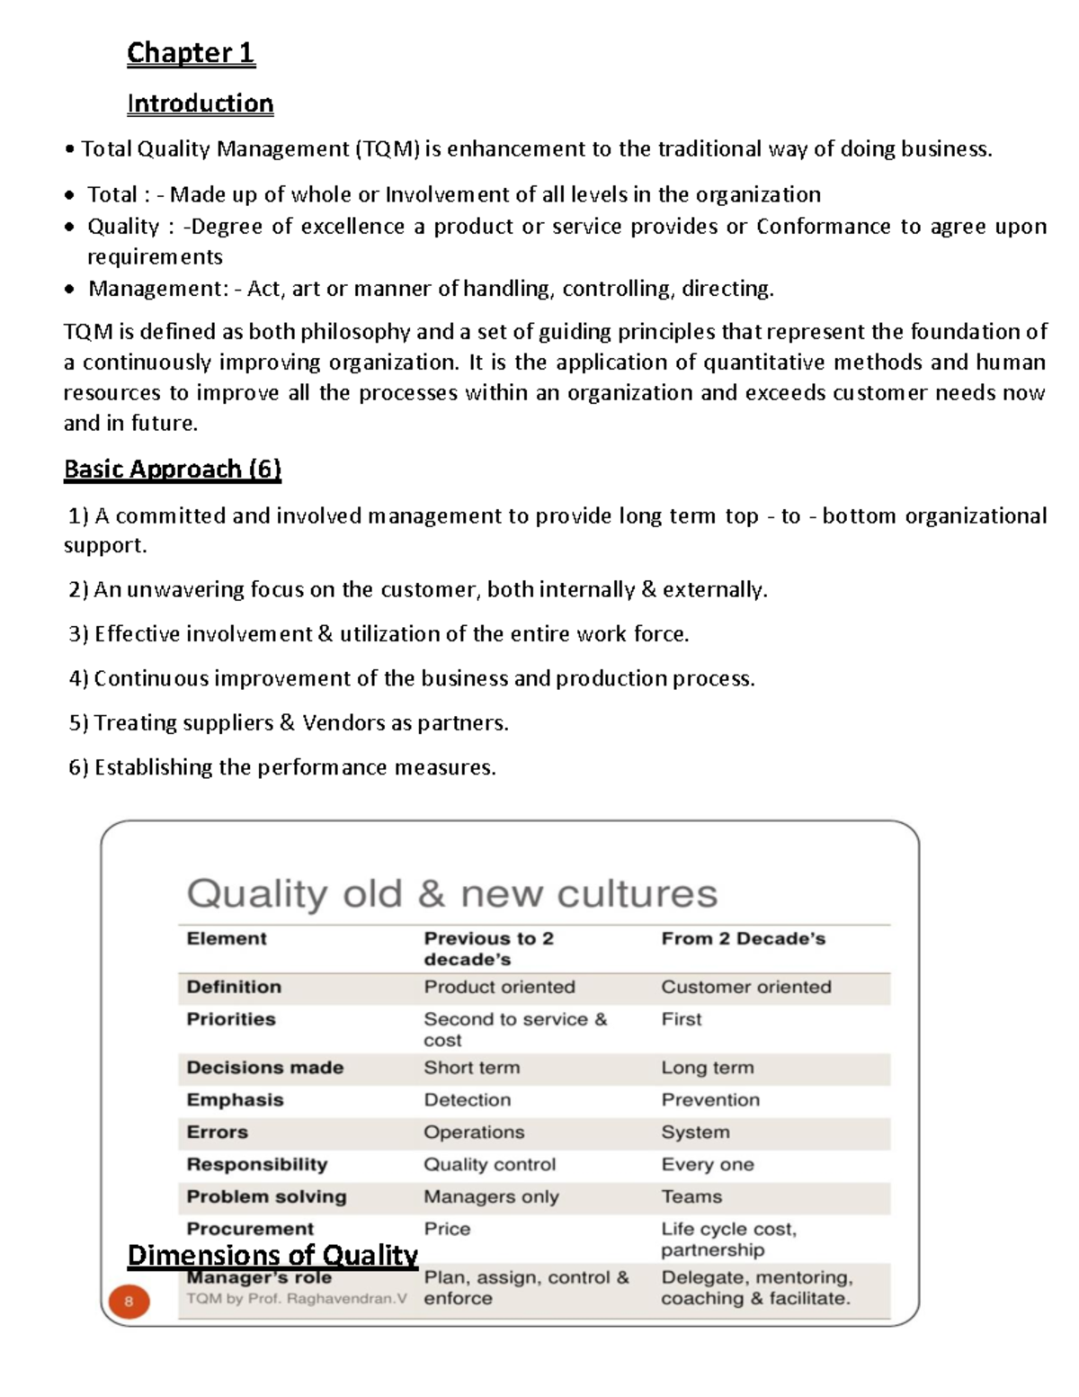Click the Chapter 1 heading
click(x=191, y=53)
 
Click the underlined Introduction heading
click(x=200, y=104)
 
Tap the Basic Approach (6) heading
click(x=172, y=470)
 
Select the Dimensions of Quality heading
click(x=272, y=1255)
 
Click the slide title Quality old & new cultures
click(x=451, y=894)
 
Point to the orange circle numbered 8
click(x=129, y=1301)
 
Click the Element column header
click(x=227, y=939)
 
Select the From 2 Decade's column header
click(x=743, y=939)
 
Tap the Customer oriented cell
click(x=745, y=987)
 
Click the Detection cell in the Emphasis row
click(x=467, y=1100)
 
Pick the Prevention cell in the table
click(x=709, y=1100)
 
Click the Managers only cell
click(x=491, y=1197)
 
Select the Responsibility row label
click(x=257, y=1165)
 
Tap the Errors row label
click(x=217, y=1133)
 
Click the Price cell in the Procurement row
click(x=447, y=1230)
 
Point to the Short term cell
click(x=471, y=1068)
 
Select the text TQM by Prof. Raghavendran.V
click(x=297, y=1299)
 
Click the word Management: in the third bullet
click(x=158, y=289)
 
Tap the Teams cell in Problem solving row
click(x=691, y=1197)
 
